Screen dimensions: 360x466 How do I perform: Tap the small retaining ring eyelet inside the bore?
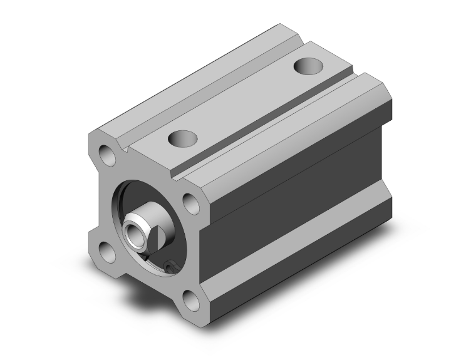170,269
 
